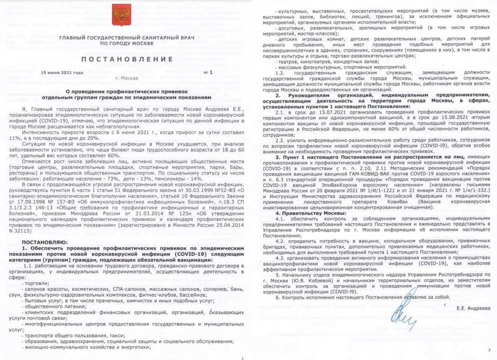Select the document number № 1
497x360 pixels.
(209, 73)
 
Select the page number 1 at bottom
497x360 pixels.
(242, 358)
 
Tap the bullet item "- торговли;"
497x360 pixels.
(35, 283)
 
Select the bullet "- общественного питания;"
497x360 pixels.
(49, 306)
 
